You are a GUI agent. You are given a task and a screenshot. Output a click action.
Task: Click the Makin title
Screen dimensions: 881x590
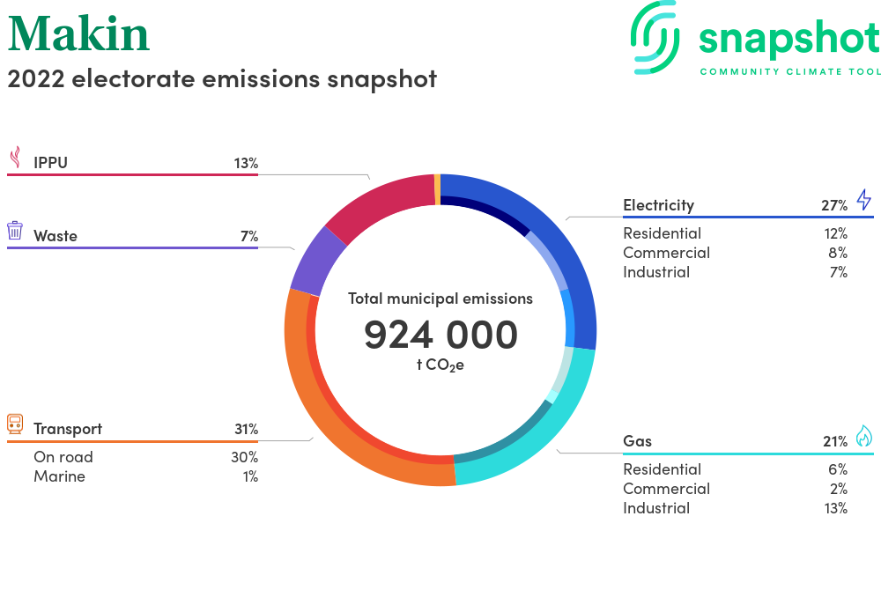tap(78, 33)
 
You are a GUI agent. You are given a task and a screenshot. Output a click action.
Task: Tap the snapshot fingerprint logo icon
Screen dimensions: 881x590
tap(655, 37)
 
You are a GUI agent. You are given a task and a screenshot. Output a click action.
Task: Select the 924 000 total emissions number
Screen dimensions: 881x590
tap(440, 336)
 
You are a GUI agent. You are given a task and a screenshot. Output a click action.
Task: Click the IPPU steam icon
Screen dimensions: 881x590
tap(16, 157)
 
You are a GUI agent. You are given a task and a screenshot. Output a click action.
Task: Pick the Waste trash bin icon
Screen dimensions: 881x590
tap(15, 231)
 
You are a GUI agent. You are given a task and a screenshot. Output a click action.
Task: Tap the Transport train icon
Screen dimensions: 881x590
tap(15, 424)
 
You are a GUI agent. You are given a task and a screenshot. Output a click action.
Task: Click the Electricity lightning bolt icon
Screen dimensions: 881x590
tap(864, 200)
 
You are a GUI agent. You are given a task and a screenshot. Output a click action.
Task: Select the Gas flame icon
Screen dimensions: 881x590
tap(864, 436)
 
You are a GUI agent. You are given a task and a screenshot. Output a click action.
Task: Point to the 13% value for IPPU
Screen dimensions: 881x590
tap(246, 164)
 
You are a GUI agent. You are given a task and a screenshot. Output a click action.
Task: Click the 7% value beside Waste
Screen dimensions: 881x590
tap(249, 236)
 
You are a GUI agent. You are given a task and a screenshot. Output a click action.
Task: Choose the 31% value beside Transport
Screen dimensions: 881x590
tap(246, 430)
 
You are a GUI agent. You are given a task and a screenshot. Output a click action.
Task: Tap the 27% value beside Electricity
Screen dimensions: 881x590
tap(834, 205)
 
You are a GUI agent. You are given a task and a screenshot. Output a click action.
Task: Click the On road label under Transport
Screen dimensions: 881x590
tap(63, 457)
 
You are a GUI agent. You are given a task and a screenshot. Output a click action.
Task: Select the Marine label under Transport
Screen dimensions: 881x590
tap(60, 476)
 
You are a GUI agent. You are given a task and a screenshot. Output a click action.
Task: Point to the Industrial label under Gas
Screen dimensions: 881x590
tap(656, 508)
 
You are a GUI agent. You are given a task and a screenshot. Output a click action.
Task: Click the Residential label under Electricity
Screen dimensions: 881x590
tap(663, 233)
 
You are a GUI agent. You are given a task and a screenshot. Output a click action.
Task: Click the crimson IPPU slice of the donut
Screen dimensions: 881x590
tap(382, 206)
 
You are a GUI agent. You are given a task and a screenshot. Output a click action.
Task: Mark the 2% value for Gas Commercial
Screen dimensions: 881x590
tap(839, 489)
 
